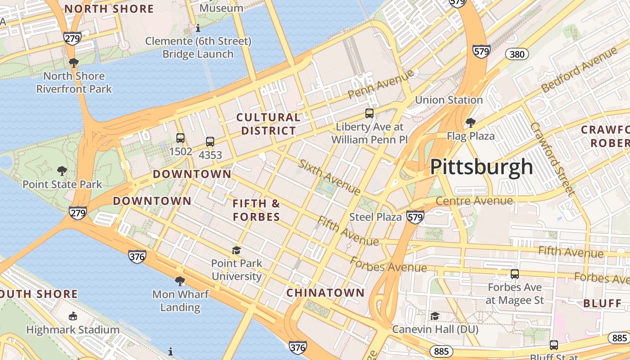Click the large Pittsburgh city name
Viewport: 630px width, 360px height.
point(481,167)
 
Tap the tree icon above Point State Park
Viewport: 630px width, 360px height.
point(62,171)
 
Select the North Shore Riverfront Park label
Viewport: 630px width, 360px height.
point(74,82)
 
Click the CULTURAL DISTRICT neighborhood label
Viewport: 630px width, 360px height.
point(269,124)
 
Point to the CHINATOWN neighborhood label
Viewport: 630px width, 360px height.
point(325,293)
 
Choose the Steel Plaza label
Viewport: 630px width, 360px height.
point(375,217)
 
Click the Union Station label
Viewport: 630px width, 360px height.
point(449,100)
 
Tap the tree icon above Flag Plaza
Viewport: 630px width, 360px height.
point(470,122)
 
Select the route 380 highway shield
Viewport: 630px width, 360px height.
point(517,54)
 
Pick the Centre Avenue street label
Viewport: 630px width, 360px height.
point(474,201)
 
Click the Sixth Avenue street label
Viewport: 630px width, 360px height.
point(329,177)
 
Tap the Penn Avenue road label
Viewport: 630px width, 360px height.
point(380,84)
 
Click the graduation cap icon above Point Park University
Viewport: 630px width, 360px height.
point(236,250)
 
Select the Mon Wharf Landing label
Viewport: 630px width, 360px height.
point(180,301)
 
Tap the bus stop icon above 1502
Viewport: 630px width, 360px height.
point(180,138)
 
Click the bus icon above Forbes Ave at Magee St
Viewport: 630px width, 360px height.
point(515,274)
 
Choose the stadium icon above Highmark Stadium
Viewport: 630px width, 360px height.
point(72,316)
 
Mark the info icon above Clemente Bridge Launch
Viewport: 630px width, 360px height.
point(198,28)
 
